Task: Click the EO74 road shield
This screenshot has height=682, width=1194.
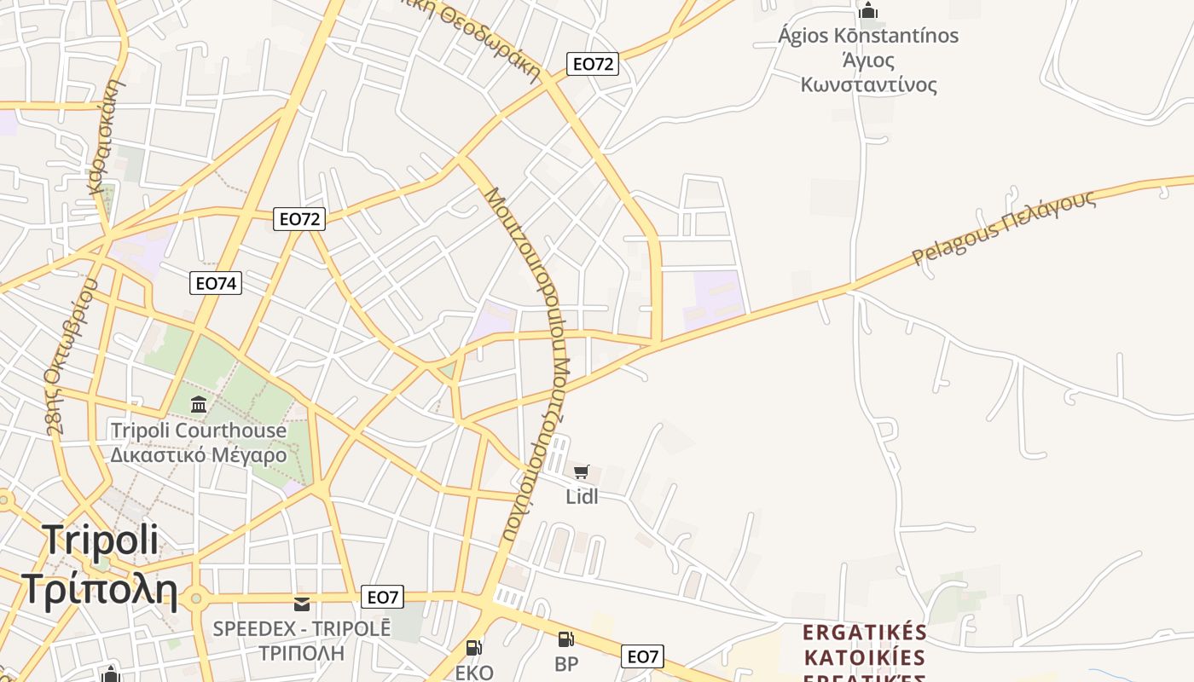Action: (216, 283)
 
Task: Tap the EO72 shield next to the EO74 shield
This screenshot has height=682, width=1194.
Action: (300, 219)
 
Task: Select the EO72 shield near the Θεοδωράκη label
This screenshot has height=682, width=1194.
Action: (593, 64)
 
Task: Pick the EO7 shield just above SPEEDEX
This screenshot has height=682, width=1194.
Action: (382, 597)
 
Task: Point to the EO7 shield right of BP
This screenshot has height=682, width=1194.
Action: (643, 656)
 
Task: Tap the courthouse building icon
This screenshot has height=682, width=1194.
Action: (199, 404)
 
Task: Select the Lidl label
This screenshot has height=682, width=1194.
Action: (582, 496)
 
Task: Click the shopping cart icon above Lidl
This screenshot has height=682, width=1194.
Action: (582, 471)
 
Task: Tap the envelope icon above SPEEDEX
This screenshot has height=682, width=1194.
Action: (302, 604)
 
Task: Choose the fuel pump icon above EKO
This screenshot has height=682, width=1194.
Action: (474, 648)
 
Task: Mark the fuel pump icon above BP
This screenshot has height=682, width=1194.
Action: (565, 639)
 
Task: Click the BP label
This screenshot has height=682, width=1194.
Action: (566, 664)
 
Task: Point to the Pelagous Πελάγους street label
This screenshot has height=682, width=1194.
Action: (1003, 228)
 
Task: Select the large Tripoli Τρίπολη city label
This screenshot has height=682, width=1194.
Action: (100, 564)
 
